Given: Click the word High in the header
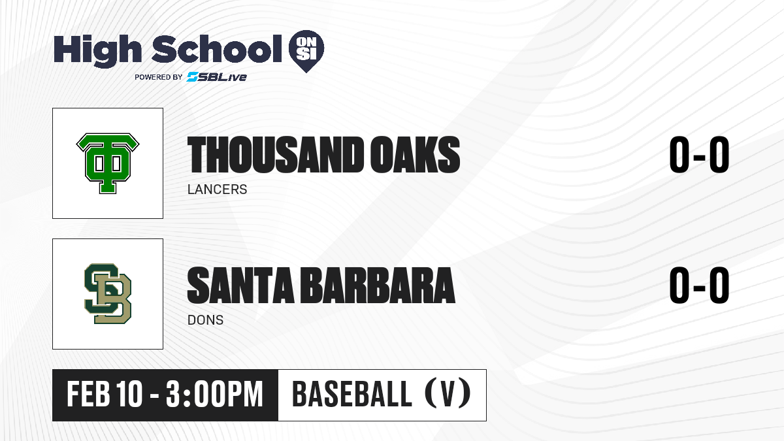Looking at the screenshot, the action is (x=97, y=51).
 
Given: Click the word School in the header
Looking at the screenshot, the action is (x=217, y=48).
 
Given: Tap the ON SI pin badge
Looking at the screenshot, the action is (x=306, y=51).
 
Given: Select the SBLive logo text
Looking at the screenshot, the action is (x=217, y=77).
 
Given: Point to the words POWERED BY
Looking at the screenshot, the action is (x=159, y=77).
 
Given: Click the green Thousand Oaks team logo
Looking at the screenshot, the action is (x=108, y=163).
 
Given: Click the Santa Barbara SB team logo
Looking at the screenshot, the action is (x=108, y=293).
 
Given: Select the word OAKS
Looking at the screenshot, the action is (x=415, y=155).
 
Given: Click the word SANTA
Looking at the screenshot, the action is (x=240, y=286).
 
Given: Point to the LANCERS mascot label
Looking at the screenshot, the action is (x=218, y=189).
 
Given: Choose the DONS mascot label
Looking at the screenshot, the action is (x=205, y=320).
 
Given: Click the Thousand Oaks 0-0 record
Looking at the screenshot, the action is (x=699, y=154).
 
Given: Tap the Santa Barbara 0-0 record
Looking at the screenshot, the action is (x=699, y=285).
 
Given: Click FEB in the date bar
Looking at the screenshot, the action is (x=88, y=394).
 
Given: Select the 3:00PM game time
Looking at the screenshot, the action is (x=214, y=394).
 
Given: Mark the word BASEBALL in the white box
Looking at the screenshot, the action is (x=351, y=394).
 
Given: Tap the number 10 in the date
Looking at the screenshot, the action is (x=129, y=394).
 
